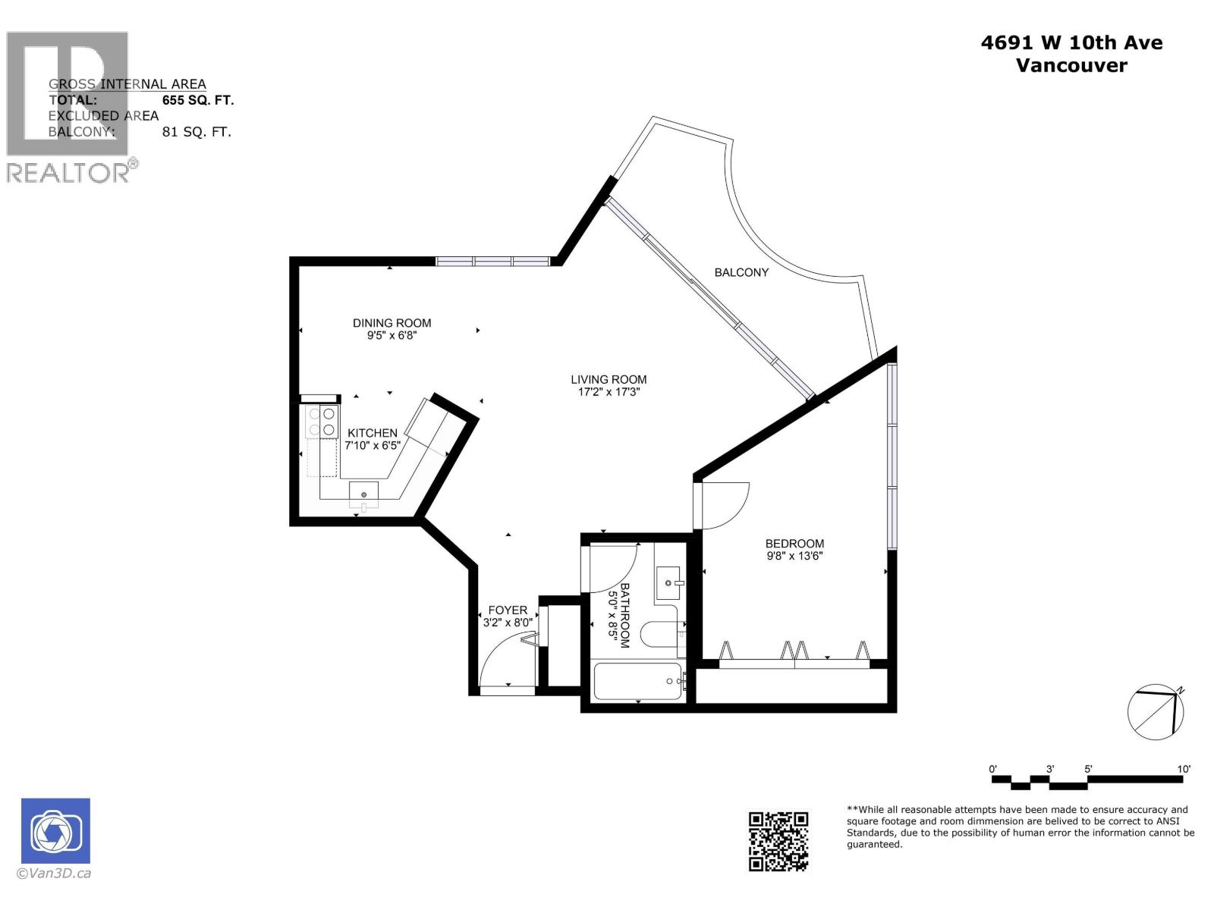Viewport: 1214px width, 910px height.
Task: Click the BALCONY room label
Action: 741,272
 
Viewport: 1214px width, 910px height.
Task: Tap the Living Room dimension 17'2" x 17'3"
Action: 609,392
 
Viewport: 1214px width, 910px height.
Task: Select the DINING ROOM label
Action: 392,323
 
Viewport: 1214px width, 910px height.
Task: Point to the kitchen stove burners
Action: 321,422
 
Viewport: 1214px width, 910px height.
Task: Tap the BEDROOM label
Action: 794,544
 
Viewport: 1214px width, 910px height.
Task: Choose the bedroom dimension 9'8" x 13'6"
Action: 794,556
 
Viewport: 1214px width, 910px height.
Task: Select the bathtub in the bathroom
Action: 637,681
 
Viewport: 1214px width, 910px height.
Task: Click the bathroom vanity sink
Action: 668,582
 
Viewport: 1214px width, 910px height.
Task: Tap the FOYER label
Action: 508,610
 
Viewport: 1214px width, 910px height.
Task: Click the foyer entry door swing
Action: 505,663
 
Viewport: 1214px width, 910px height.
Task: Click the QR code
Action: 778,841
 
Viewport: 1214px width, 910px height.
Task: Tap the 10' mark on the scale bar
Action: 1183,769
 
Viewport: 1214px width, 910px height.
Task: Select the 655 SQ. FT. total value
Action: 198,100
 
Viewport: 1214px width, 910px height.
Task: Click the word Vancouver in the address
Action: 1071,65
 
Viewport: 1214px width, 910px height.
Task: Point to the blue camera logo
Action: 55,830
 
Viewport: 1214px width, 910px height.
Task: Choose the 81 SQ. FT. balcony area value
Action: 197,132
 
